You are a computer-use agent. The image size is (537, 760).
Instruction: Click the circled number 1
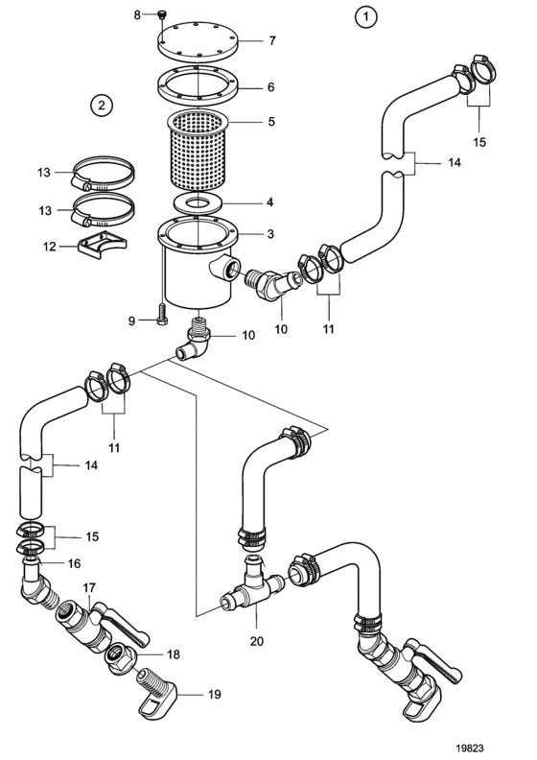coord(365,17)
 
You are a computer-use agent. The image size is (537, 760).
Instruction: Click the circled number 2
coord(102,105)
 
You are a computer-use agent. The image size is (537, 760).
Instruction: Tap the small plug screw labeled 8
coord(161,15)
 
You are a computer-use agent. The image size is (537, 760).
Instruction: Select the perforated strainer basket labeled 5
coord(198,151)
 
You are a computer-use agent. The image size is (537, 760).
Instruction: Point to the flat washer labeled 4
coord(198,202)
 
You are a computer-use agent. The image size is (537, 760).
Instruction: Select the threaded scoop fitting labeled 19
coord(156,692)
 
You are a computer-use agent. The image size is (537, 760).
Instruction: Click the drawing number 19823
coord(469,748)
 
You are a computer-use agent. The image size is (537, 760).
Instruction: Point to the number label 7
coord(272,40)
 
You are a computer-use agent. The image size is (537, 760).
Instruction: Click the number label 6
coord(270,87)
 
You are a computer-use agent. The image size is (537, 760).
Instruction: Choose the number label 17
coord(89,587)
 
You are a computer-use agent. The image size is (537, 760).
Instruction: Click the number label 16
coord(74,563)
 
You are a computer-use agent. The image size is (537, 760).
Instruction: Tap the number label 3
coord(270,233)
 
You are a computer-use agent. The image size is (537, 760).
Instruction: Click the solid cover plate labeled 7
coord(198,38)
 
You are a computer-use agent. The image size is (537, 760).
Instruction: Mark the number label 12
coord(50,247)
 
